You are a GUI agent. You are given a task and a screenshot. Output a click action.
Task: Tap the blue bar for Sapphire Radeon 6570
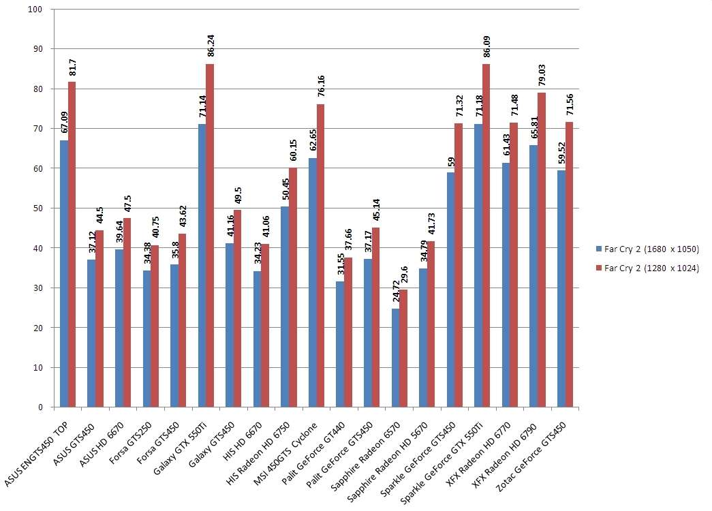[x=395, y=358]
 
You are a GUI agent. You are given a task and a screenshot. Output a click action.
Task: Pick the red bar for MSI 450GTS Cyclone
[x=320, y=255]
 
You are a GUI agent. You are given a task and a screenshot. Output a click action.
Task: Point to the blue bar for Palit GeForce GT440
[x=340, y=344]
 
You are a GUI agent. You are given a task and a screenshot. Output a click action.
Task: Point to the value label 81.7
[x=72, y=68]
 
